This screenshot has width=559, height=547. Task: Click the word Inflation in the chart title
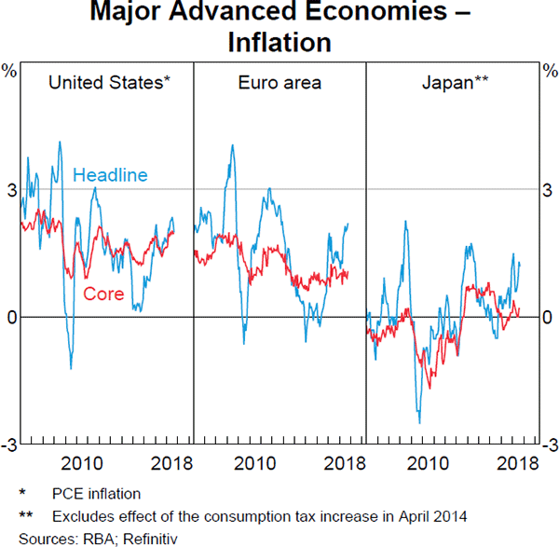point(279,42)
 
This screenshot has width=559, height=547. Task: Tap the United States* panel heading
point(108,83)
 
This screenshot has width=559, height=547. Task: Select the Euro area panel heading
point(279,83)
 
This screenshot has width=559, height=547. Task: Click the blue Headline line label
point(110,174)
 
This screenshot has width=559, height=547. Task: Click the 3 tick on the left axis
point(11,190)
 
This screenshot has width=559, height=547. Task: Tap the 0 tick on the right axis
point(548,318)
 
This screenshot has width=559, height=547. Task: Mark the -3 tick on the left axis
point(9,445)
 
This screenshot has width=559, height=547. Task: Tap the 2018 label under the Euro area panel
point(344,463)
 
